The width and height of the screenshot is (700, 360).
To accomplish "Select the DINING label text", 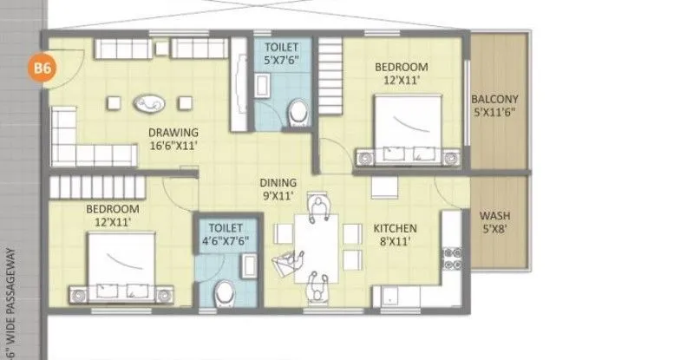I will pos(278,183).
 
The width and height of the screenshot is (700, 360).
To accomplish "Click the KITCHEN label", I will pos(396,228).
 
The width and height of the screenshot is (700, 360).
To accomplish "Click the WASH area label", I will pos(495,215).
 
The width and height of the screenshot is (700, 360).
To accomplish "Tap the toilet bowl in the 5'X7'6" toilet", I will pos(298,112).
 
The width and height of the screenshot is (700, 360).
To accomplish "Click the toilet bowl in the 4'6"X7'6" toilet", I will pos(225,291).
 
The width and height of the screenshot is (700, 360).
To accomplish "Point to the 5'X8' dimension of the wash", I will pos(495,229).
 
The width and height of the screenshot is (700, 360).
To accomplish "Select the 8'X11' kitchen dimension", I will pos(396,242).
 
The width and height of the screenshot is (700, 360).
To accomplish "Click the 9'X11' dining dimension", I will pos(278,197).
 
